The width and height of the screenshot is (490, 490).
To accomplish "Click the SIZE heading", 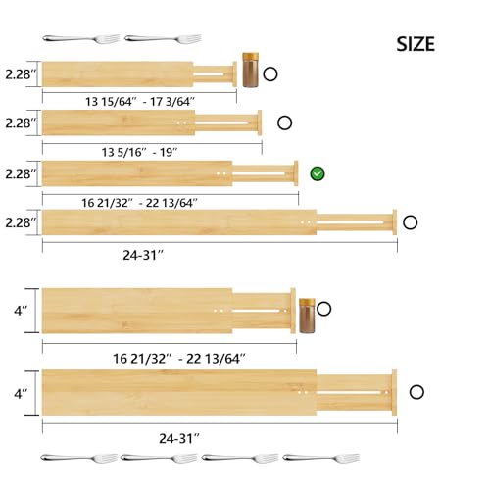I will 416,44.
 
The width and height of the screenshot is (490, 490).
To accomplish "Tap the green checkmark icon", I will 318,173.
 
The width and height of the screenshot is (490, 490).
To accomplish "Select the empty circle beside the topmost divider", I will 269,73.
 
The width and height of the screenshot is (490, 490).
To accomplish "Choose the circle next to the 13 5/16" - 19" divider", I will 284,122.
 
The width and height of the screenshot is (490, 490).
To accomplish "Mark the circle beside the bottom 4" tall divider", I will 418,391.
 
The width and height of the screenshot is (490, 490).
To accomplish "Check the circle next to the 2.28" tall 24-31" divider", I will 411,222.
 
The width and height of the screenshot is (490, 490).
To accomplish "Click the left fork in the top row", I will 81,38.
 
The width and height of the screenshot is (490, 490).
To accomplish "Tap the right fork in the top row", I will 163,38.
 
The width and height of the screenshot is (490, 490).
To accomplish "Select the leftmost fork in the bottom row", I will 78,457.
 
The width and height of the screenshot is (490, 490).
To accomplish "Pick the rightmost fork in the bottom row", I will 320,457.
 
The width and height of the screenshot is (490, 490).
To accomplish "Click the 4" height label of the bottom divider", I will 19,392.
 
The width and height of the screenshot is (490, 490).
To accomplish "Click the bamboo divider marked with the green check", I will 167,173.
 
